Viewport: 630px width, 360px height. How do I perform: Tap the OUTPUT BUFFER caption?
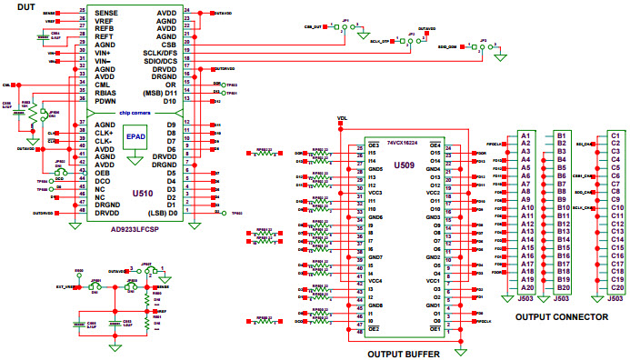405,353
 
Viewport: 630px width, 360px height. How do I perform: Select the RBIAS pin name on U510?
106,92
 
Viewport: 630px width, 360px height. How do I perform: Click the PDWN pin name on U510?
106,101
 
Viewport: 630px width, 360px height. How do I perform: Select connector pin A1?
525,135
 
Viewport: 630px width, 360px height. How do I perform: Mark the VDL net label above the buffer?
342,118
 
